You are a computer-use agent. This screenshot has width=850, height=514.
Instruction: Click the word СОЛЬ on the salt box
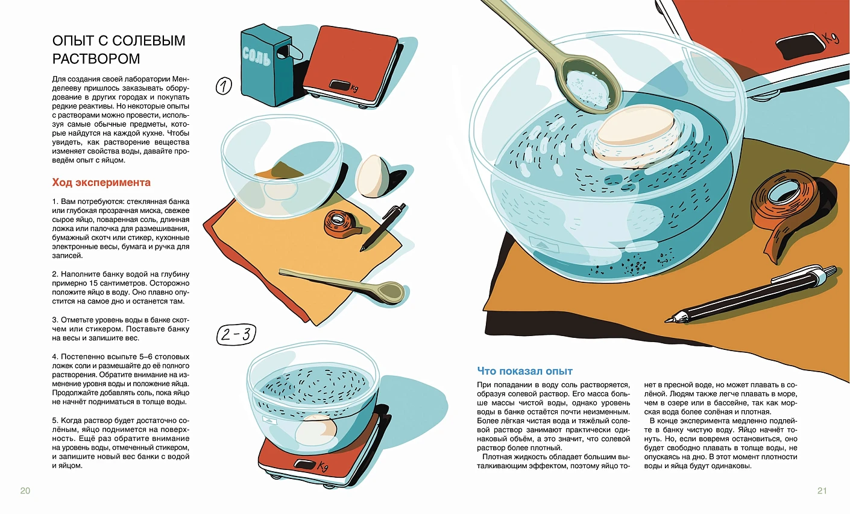256,57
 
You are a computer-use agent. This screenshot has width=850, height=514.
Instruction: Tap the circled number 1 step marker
224,86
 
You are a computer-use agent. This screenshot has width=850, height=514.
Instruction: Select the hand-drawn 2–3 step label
236,334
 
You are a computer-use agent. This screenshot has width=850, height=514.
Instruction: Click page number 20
25,491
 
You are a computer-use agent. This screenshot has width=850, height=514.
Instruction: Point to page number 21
822,491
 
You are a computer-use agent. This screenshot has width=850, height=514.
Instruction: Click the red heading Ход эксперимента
101,183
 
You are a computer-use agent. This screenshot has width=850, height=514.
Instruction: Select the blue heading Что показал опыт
525,371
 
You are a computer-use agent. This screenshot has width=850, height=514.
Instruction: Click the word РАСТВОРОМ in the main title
96,59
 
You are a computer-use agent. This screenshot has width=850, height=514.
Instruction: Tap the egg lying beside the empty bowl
373,177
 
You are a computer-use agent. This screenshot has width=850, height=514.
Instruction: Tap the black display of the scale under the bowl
304,465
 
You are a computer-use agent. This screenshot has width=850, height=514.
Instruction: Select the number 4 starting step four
55,357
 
